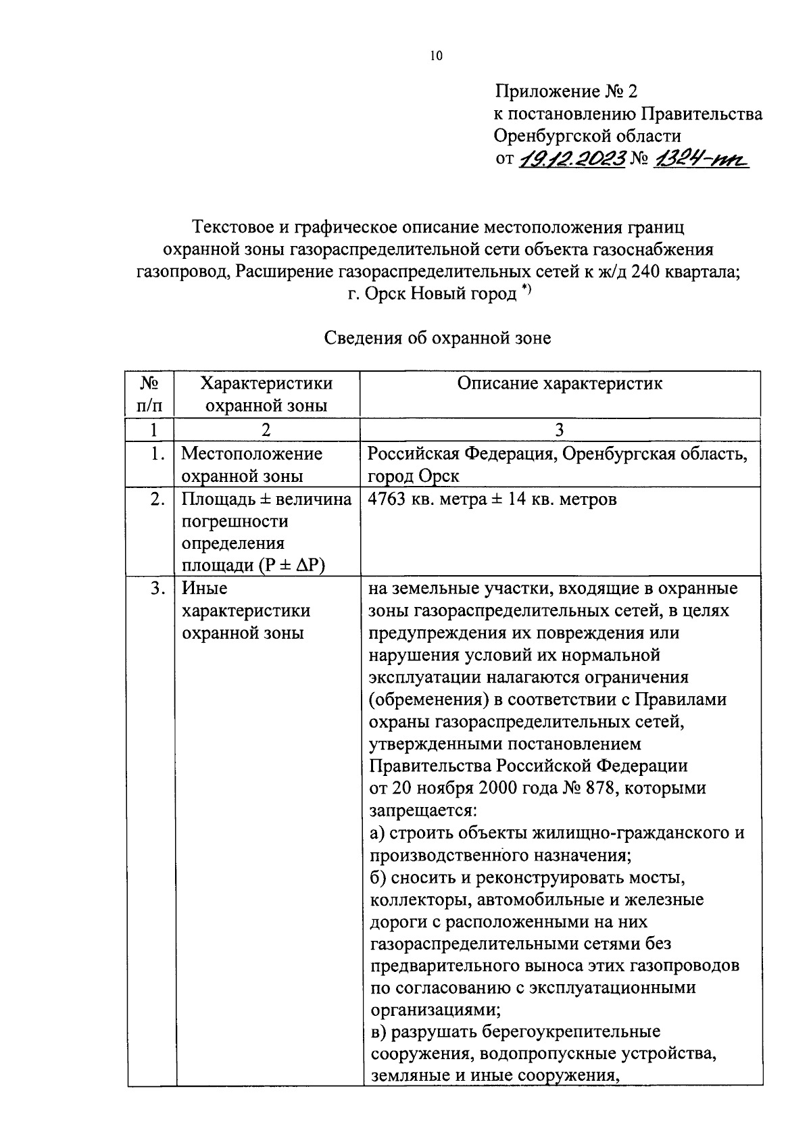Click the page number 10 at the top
(435, 57)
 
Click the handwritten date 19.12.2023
(571, 160)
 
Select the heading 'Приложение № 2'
(566, 91)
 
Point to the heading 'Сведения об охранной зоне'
(438, 338)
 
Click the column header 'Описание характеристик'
(560, 384)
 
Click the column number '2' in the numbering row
(266, 430)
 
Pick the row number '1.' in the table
(157, 454)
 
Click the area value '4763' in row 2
(388, 500)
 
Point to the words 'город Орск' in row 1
(414, 476)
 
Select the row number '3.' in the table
(157, 589)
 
